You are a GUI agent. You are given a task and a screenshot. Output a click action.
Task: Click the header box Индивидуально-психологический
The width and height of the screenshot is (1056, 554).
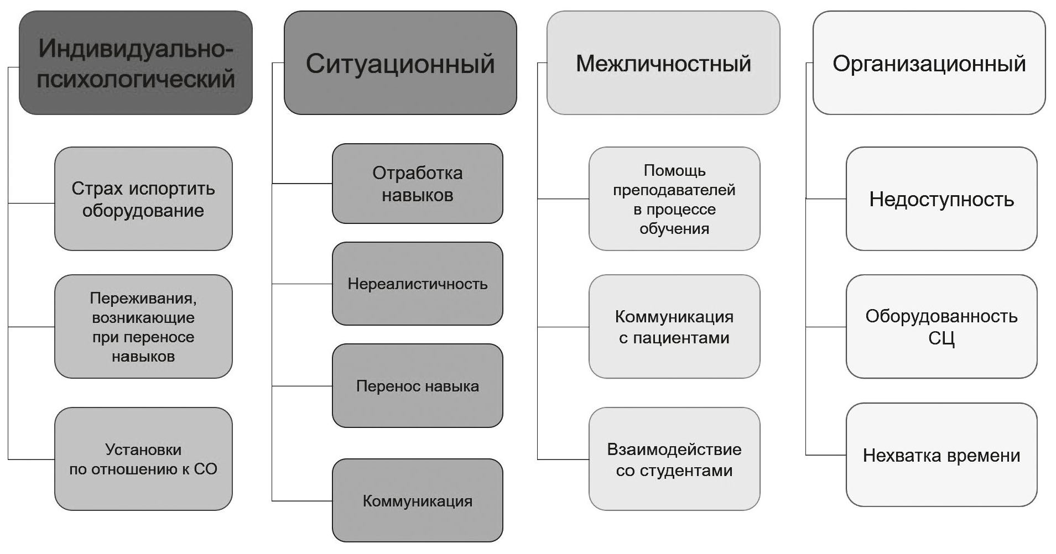[136, 63]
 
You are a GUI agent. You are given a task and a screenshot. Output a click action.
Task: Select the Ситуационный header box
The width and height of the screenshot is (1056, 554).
[400, 63]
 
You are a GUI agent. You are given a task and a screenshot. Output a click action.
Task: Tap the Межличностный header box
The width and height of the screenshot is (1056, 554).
[663, 63]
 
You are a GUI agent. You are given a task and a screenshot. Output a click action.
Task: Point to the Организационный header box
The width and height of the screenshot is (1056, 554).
[929, 63]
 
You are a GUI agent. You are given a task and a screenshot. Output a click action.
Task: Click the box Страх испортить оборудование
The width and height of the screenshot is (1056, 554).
[143, 199]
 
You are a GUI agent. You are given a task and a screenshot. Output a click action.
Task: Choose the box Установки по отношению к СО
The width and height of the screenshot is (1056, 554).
[143, 459]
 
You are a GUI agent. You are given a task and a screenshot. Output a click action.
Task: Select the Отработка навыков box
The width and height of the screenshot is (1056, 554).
[417, 184]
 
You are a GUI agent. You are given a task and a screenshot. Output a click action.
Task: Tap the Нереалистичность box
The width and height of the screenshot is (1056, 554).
[417, 284]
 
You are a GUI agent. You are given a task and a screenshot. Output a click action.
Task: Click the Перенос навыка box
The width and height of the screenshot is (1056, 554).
[417, 386]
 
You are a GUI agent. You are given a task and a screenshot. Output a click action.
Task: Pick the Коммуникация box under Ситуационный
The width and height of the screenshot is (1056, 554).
[417, 501]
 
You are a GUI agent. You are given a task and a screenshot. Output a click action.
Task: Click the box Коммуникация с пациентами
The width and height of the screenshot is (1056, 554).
[674, 327]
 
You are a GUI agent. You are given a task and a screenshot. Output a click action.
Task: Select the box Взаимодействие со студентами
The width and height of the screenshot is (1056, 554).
[674, 459]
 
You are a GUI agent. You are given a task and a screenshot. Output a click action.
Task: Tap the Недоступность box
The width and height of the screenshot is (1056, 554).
[941, 199]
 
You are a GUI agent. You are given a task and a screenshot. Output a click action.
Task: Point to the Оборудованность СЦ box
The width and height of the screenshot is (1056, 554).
[941, 327]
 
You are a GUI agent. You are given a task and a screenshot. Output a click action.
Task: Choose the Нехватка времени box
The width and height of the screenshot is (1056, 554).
[941, 455]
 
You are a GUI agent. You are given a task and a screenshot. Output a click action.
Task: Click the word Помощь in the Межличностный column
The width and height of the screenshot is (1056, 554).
[674, 170]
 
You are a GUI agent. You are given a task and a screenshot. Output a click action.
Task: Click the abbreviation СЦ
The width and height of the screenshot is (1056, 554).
[941, 338]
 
